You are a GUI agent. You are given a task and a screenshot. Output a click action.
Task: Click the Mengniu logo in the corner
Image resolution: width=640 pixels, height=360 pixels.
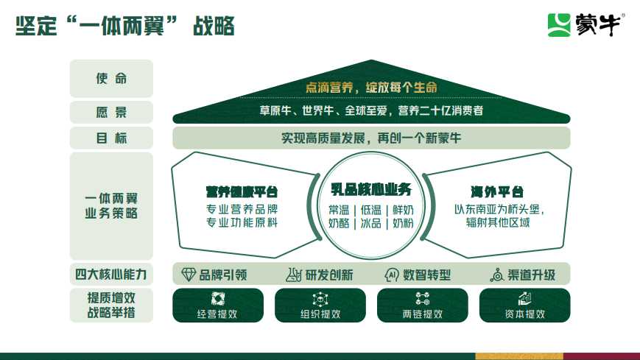[x=586, y=25]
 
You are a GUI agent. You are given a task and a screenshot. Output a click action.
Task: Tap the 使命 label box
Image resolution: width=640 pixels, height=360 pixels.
[x=111, y=78]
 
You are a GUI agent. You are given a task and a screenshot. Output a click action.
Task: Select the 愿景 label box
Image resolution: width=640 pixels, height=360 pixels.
[x=111, y=112]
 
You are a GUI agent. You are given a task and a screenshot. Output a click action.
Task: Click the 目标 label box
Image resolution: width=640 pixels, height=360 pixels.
[x=111, y=138]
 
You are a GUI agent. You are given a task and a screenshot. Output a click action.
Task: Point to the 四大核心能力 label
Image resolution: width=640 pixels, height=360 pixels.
[x=111, y=275]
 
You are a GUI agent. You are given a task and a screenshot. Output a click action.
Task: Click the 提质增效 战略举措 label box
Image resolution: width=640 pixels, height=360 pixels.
[x=111, y=306]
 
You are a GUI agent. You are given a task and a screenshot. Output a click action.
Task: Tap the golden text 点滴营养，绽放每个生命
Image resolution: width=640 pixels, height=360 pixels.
[x=371, y=88]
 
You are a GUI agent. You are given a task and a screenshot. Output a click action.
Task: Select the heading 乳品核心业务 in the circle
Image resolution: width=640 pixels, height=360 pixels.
[x=371, y=189]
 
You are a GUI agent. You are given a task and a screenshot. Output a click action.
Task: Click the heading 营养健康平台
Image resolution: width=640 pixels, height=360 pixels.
[x=242, y=192]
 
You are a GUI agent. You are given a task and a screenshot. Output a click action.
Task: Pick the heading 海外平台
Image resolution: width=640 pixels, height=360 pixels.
[x=496, y=192]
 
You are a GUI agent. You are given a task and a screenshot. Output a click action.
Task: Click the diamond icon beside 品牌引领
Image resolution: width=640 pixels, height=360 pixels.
[x=188, y=275]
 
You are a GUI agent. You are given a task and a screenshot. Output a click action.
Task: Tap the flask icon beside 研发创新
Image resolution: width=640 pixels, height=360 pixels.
[x=293, y=275]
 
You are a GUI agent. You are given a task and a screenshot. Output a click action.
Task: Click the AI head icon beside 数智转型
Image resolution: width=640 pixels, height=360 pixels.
[x=391, y=275]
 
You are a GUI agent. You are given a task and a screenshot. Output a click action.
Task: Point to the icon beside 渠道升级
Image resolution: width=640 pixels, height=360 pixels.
[x=496, y=275]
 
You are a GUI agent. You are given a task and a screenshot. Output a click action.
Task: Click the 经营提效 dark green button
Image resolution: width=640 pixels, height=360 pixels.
[x=218, y=306]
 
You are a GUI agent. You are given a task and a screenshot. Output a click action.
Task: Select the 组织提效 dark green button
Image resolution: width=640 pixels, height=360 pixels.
[x=320, y=306]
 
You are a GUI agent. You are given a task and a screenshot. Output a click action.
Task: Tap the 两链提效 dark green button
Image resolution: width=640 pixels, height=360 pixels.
[x=423, y=306]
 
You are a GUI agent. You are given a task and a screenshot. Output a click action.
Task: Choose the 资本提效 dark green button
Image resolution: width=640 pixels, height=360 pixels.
[x=524, y=306]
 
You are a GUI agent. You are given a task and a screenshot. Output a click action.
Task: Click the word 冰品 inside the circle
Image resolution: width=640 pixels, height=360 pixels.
[x=370, y=223]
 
